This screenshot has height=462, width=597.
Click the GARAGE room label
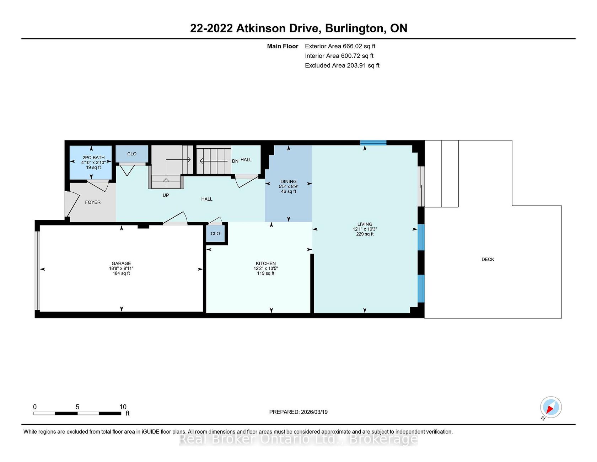pyautogui.click(x=121, y=264)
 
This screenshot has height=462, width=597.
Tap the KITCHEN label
pyautogui.click(x=266, y=264)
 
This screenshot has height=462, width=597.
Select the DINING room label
pyautogui.click(x=289, y=181)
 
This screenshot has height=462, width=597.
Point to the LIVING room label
pyautogui.click(x=365, y=224)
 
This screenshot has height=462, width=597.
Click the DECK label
pyautogui.click(x=488, y=259)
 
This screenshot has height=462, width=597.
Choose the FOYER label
pyautogui.click(x=93, y=202)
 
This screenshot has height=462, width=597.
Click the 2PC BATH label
pyautogui.click(x=93, y=158)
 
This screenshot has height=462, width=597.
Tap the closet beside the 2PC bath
pyautogui.click(x=132, y=154)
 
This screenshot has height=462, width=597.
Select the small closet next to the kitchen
pyautogui.click(x=215, y=234)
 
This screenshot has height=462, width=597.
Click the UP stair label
pyautogui.click(x=166, y=195)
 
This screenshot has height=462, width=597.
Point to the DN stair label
pyautogui.click(x=235, y=161)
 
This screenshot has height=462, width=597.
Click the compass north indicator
pyautogui.click(x=550, y=408)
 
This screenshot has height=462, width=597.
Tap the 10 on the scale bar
pyautogui.click(x=123, y=407)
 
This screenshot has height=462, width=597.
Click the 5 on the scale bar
pyautogui.click(x=77, y=407)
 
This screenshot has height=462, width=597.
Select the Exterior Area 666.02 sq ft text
pyautogui.click(x=340, y=46)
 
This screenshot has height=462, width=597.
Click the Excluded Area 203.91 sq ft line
pyautogui.click(x=342, y=65)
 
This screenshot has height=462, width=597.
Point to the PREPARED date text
pyautogui.click(x=298, y=412)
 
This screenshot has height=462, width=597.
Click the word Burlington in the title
pyautogui.click(x=355, y=28)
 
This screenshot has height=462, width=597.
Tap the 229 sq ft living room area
pyautogui.click(x=365, y=234)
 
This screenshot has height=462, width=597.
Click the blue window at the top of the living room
pyautogui.click(x=373, y=143)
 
